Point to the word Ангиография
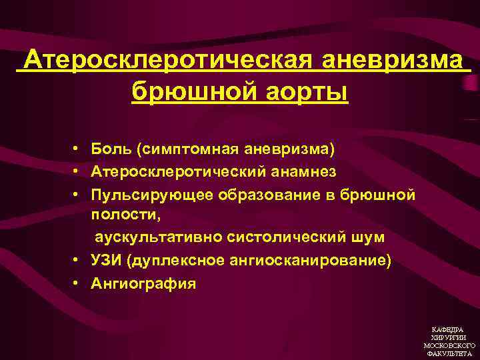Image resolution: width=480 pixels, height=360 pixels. click(x=144, y=283)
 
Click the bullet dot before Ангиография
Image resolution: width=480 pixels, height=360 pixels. click(x=78, y=283)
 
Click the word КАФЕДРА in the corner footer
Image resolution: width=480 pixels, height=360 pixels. click(x=449, y=330)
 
